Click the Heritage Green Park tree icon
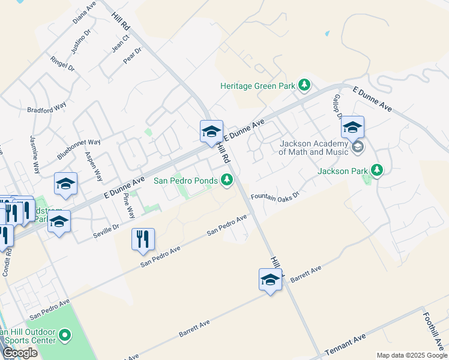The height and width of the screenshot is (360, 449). point(304,85)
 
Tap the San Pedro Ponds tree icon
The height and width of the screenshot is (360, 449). point(227,179)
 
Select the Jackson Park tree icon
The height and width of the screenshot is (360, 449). point(377,170)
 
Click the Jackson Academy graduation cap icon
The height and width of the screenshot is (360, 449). point(358,147)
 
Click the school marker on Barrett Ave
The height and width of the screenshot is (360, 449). point(270,279)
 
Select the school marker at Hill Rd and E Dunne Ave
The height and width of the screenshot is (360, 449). point(211,131)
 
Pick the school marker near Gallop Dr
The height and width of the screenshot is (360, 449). point(352,127)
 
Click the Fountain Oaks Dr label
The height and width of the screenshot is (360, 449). point(274,196)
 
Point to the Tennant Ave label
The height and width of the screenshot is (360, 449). point(345,346)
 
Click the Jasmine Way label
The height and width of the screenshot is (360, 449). point(35,155)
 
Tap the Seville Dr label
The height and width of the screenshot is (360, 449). point(106,231)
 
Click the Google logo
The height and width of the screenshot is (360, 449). point(20,353)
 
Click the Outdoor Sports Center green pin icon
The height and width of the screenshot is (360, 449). point(66,335)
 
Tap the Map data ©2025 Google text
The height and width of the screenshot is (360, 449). point(411,355)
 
